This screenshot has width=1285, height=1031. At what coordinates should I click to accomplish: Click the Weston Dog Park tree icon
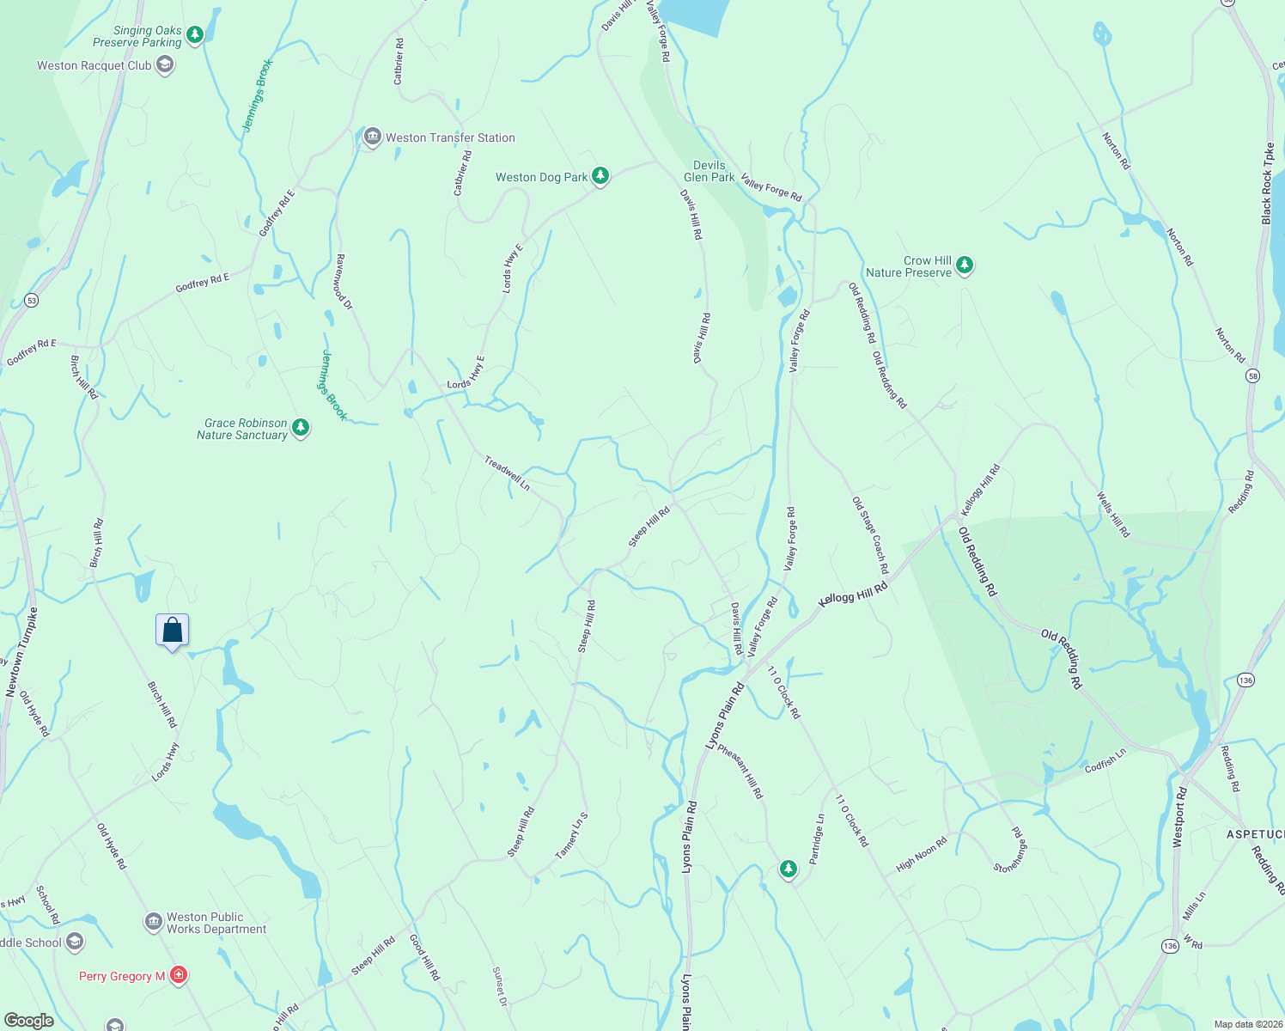click(x=600, y=176)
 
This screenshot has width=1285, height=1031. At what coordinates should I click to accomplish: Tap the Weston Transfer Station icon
click(x=372, y=137)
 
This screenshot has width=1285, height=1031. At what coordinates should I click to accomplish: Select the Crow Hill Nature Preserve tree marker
click(x=965, y=265)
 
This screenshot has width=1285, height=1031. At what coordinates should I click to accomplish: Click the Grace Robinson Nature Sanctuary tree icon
click(x=301, y=427)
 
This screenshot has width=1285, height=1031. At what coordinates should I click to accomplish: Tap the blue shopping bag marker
click(x=172, y=631)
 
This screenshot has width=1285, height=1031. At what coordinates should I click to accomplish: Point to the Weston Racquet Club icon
click(x=165, y=64)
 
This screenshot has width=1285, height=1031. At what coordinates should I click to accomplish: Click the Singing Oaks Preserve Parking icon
click(x=195, y=34)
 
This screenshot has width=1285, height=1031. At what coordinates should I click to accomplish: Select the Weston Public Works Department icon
click(x=154, y=922)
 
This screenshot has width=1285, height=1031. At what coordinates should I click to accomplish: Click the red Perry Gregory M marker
click(x=179, y=975)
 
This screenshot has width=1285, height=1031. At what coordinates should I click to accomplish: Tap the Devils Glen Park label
click(x=709, y=171)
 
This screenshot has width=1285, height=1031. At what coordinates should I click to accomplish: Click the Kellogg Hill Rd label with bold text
click(x=853, y=594)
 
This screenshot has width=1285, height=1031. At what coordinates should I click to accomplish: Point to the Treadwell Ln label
click(x=507, y=473)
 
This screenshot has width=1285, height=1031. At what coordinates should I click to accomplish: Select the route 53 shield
click(x=32, y=300)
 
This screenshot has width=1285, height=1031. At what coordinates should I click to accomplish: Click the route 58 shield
click(x=1253, y=376)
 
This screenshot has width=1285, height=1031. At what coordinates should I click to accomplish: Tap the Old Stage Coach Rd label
click(x=870, y=534)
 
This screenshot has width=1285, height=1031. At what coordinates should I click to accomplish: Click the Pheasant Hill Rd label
click(x=740, y=772)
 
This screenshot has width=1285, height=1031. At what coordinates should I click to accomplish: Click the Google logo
click(x=29, y=1021)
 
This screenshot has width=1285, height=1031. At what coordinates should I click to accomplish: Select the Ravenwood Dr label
click(x=344, y=281)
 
